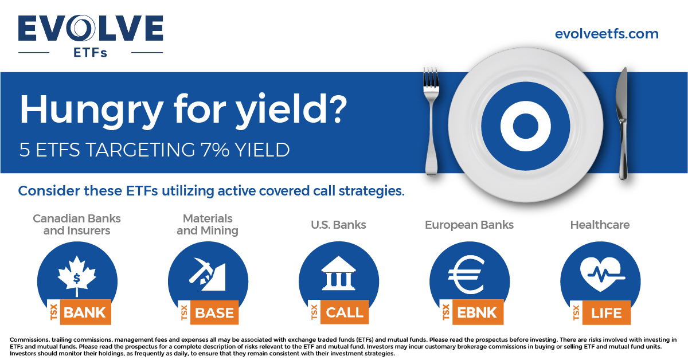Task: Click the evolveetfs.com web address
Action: (607, 34)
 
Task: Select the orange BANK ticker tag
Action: (85, 312)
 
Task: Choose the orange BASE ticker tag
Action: (214, 313)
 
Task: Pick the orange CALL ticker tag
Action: (345, 312)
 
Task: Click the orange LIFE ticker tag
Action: (606, 313)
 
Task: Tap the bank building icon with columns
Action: (339, 274)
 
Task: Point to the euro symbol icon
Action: (469, 274)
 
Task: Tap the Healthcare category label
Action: (600, 225)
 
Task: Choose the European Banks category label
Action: (469, 225)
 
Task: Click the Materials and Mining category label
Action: (208, 225)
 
